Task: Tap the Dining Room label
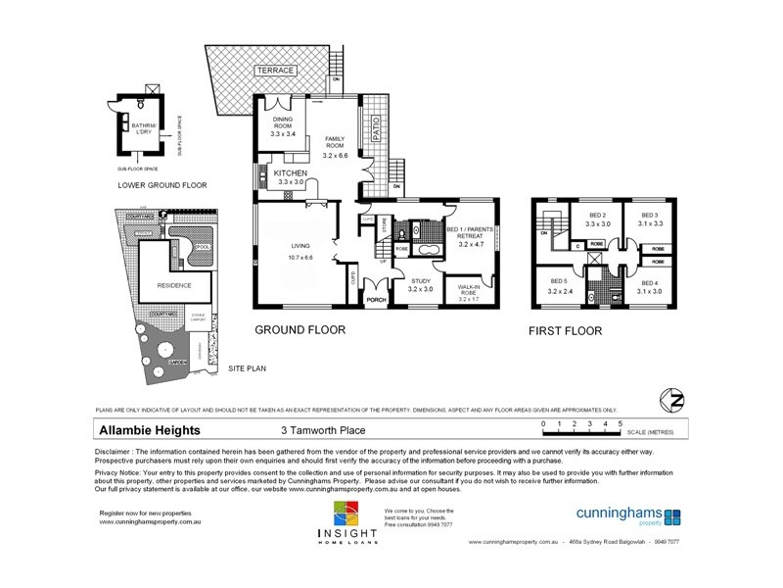pos(283,124)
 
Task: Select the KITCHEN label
pos(291,172)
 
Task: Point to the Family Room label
pos(336,144)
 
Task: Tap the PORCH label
pos(376,300)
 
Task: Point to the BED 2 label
pos(598,216)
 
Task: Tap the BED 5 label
pos(560,283)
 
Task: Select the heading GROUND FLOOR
pos(299,330)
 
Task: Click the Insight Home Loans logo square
pos(345,514)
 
